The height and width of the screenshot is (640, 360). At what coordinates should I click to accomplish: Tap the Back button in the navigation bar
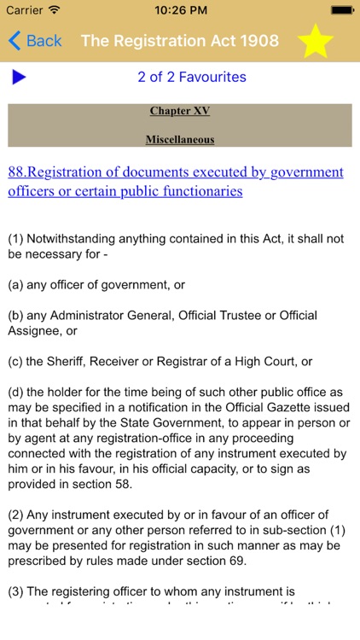pyautogui.click(x=35, y=40)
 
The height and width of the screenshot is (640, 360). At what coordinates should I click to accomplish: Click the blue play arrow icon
pyautogui.click(x=19, y=78)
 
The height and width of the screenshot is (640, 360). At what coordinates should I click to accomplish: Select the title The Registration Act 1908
pyautogui.click(x=180, y=40)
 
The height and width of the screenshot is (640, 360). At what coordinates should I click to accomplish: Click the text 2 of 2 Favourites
pyautogui.click(x=191, y=77)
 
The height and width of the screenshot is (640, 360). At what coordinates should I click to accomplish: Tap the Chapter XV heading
pyautogui.click(x=180, y=111)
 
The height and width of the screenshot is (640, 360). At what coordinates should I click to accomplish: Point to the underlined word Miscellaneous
pyautogui.click(x=180, y=139)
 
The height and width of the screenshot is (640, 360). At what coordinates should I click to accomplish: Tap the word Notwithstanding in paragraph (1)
pyautogui.click(x=73, y=239)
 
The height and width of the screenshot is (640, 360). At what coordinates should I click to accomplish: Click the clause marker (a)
pyautogui.click(x=16, y=284)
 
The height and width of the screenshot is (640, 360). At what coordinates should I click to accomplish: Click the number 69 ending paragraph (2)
pyautogui.click(x=247, y=561)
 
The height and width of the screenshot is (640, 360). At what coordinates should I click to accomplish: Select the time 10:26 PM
pyautogui.click(x=180, y=9)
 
